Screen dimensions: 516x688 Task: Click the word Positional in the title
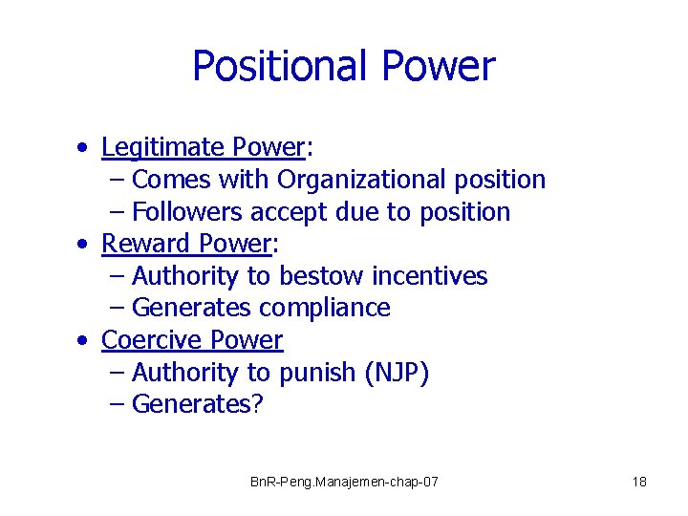(281, 67)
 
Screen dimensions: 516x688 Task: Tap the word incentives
(430, 277)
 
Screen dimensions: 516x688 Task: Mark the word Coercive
(151, 341)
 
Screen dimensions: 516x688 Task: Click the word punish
(318, 374)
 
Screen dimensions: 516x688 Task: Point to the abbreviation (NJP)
(398, 374)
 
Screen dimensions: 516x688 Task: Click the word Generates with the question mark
(197, 405)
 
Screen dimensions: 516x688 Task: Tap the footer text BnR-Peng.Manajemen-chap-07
(344, 482)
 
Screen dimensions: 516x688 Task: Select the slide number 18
(639, 482)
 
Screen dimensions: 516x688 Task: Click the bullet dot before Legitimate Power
(86, 149)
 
